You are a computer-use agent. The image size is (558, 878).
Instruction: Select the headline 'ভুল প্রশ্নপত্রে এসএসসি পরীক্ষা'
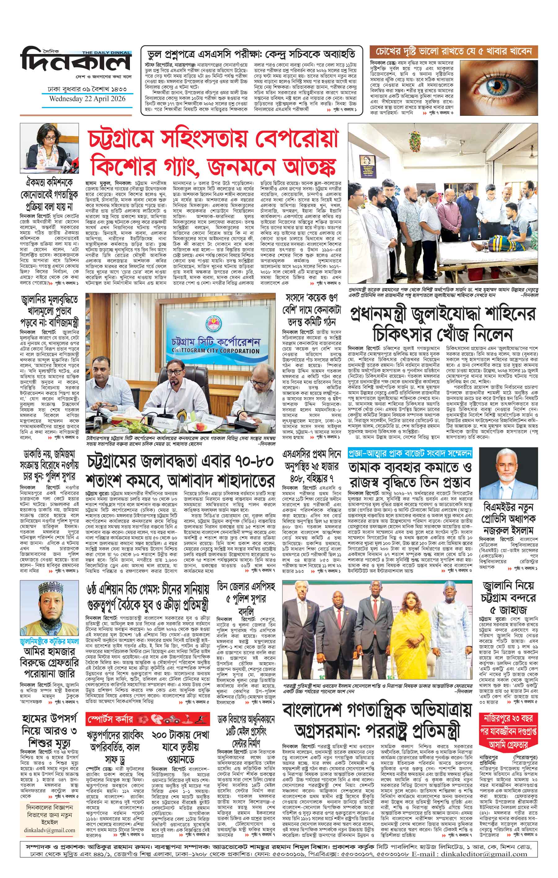click(x=252, y=54)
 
